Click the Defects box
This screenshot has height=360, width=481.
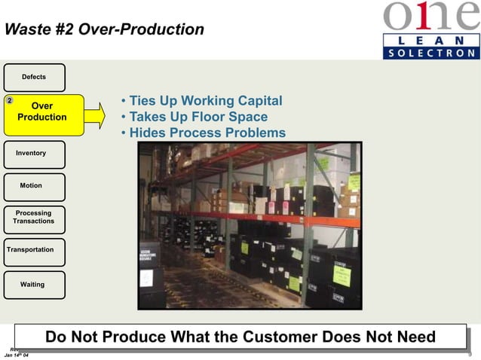click(x=34, y=78)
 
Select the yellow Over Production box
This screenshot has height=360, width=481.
click(x=42, y=113)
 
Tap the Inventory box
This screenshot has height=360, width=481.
click(x=34, y=154)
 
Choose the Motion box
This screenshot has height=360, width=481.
click(x=34, y=186)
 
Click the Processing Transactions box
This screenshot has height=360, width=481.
click(x=34, y=218)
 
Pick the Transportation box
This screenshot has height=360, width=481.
click(x=32, y=250)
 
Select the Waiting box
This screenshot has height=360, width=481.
click(x=34, y=285)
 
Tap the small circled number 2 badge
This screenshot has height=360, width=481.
click(x=9, y=100)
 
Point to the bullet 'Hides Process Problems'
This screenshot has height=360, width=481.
click(x=203, y=133)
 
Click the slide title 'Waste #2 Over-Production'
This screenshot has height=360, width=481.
click(x=104, y=30)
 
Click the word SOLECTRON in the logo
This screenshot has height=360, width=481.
click(x=430, y=53)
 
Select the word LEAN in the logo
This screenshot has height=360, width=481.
click(x=430, y=39)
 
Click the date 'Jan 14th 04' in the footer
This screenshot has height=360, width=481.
click(x=17, y=355)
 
